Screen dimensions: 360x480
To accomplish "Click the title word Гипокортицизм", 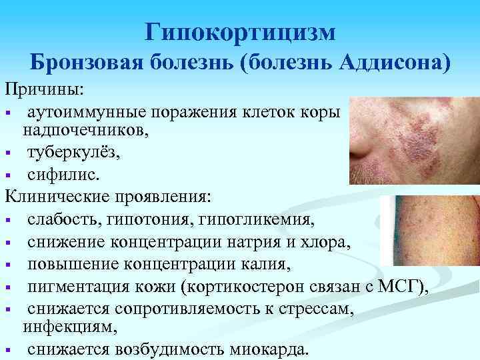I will click(240, 31).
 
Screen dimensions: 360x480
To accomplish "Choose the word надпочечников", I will click(86, 131).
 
